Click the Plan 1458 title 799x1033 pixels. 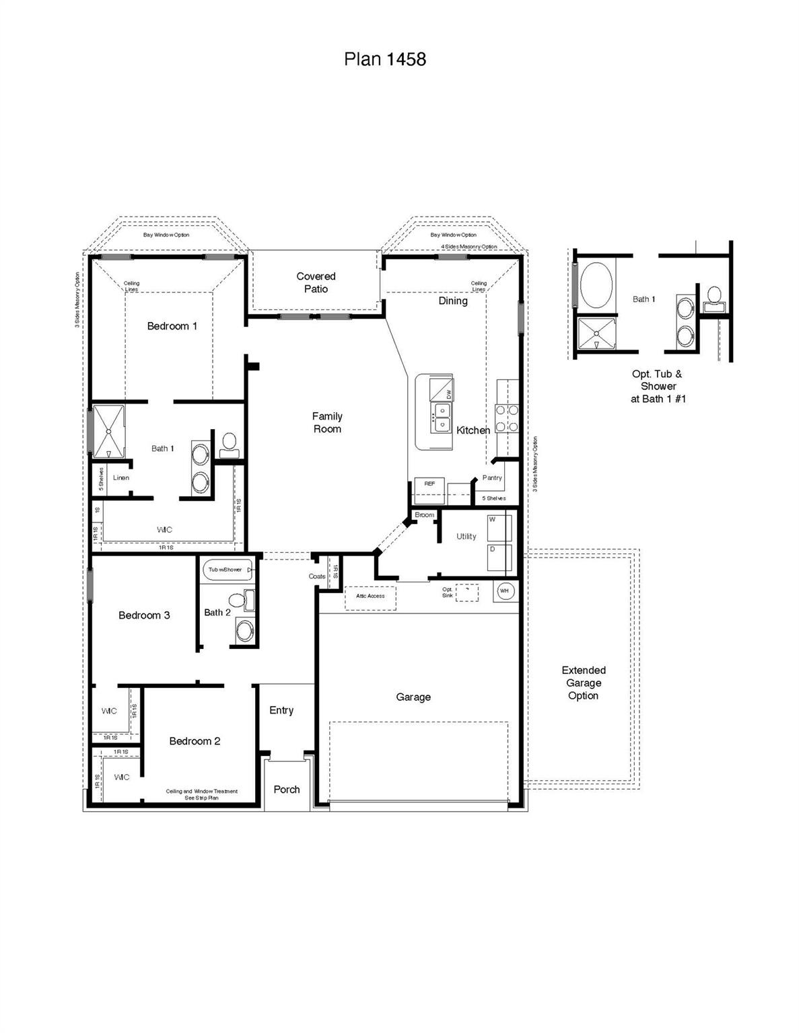(384, 59)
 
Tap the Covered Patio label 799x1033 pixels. (316, 282)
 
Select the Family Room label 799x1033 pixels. (327, 422)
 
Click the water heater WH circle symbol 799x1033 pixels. (505, 591)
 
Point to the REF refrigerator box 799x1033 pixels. (429, 490)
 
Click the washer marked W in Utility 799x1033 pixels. (499, 528)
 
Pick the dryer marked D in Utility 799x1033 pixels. (499, 558)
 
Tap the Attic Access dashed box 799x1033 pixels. (370, 597)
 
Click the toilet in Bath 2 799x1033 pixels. (237, 600)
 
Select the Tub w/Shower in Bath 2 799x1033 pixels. (228, 570)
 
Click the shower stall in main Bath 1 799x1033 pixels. (108, 431)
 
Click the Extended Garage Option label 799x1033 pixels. (584, 683)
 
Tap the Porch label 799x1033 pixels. (287, 790)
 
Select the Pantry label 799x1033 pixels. (492, 477)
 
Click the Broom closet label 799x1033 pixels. (424, 515)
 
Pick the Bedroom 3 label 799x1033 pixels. (144, 615)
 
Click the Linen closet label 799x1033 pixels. (121, 478)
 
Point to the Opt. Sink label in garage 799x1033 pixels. (448, 592)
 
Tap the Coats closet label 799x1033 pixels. (317, 576)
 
